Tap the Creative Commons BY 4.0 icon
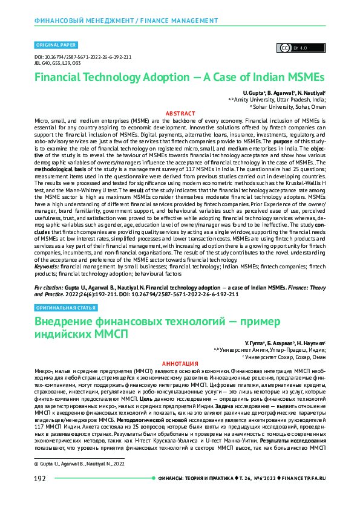coord(293,47)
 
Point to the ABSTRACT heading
coord(180,113)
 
